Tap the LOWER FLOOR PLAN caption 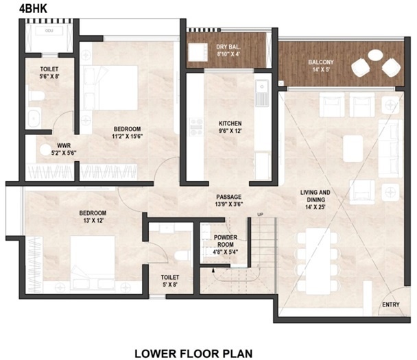click(x=193, y=353)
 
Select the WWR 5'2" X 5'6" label click(x=64, y=149)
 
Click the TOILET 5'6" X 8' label click(x=49, y=73)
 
